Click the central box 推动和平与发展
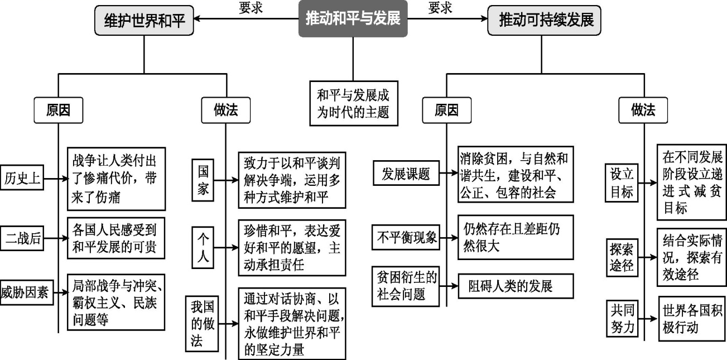point(353,18)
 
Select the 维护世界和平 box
point(144,21)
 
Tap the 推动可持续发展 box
point(545,21)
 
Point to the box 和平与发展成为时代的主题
point(353,103)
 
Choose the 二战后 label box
point(22,238)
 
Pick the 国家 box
point(203,180)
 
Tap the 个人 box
point(203,247)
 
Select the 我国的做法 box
point(202,324)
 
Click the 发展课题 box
point(406,174)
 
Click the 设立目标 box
point(621,183)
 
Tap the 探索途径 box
point(621,257)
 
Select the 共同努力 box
point(621,318)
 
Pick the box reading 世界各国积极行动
point(691,318)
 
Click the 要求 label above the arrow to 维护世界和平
point(250,7)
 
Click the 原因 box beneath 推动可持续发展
point(446,111)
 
